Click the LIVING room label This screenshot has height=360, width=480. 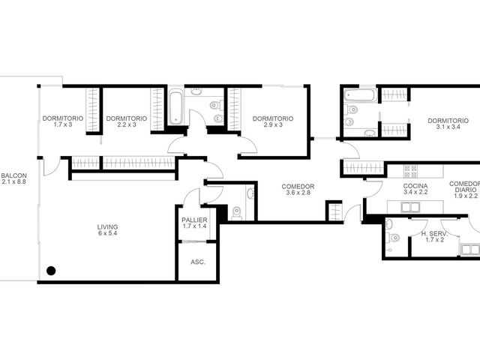tap(107, 227)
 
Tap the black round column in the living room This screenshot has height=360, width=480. tap(51, 271)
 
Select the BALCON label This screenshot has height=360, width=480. tap(13, 175)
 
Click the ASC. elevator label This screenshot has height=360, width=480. tap(198, 262)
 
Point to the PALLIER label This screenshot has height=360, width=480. tap(194, 220)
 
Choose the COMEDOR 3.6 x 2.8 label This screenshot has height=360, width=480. tap(298, 190)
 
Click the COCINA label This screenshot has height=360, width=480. tap(415, 186)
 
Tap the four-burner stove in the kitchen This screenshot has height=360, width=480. tap(410, 172)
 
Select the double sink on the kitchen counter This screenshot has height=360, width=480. tap(410, 207)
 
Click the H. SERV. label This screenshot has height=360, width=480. tap(434, 234)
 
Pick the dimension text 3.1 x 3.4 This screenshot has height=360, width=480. tap(448, 127)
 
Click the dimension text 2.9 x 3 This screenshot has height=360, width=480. tap(273, 125)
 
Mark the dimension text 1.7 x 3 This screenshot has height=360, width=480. tap(63, 124)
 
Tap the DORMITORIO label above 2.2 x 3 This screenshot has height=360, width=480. tap(127, 118)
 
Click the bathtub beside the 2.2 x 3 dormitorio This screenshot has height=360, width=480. tap(175, 106)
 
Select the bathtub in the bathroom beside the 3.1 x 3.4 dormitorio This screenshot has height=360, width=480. tap(359, 95)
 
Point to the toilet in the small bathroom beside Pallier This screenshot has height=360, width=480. tap(236, 213)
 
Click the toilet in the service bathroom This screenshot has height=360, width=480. tap(394, 238)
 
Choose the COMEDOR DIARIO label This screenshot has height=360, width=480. tap(464, 187)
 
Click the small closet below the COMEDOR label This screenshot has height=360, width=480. tap(334, 211)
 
